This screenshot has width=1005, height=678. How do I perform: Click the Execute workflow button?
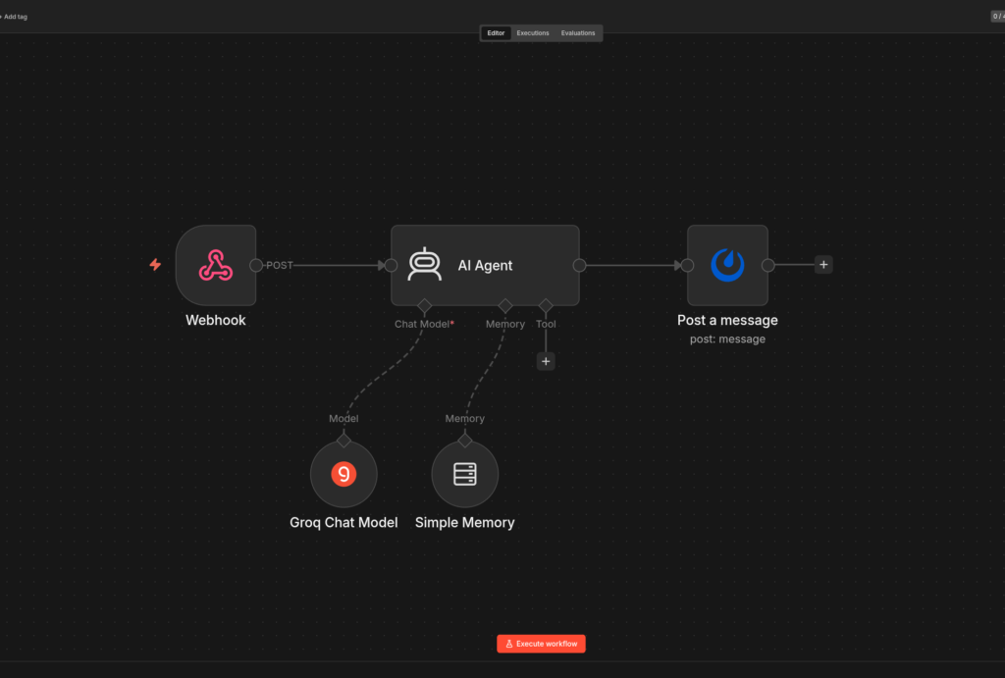(541, 644)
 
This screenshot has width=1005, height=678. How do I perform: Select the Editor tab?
(496, 32)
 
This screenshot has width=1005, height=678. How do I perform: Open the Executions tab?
(533, 32)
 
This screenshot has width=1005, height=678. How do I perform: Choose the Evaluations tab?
(577, 32)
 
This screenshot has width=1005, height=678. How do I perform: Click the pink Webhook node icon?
(215, 265)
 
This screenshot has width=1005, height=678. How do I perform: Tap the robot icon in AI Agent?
(424, 264)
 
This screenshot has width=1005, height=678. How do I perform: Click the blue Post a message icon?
(727, 265)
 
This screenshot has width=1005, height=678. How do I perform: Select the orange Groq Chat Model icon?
(344, 474)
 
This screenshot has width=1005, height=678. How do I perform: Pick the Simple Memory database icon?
(464, 474)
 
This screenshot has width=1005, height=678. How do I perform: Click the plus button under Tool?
(546, 361)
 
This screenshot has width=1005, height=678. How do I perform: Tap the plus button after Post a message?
(823, 265)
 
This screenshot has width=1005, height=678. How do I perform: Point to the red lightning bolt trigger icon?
(155, 265)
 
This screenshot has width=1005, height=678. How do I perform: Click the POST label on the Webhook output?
(280, 265)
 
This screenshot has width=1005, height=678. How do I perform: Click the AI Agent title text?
(485, 265)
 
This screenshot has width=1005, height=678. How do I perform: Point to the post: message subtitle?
(727, 339)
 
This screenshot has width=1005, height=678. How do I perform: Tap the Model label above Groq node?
(344, 418)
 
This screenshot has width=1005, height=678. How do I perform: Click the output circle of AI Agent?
(579, 265)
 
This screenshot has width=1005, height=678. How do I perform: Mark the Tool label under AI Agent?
(546, 324)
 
